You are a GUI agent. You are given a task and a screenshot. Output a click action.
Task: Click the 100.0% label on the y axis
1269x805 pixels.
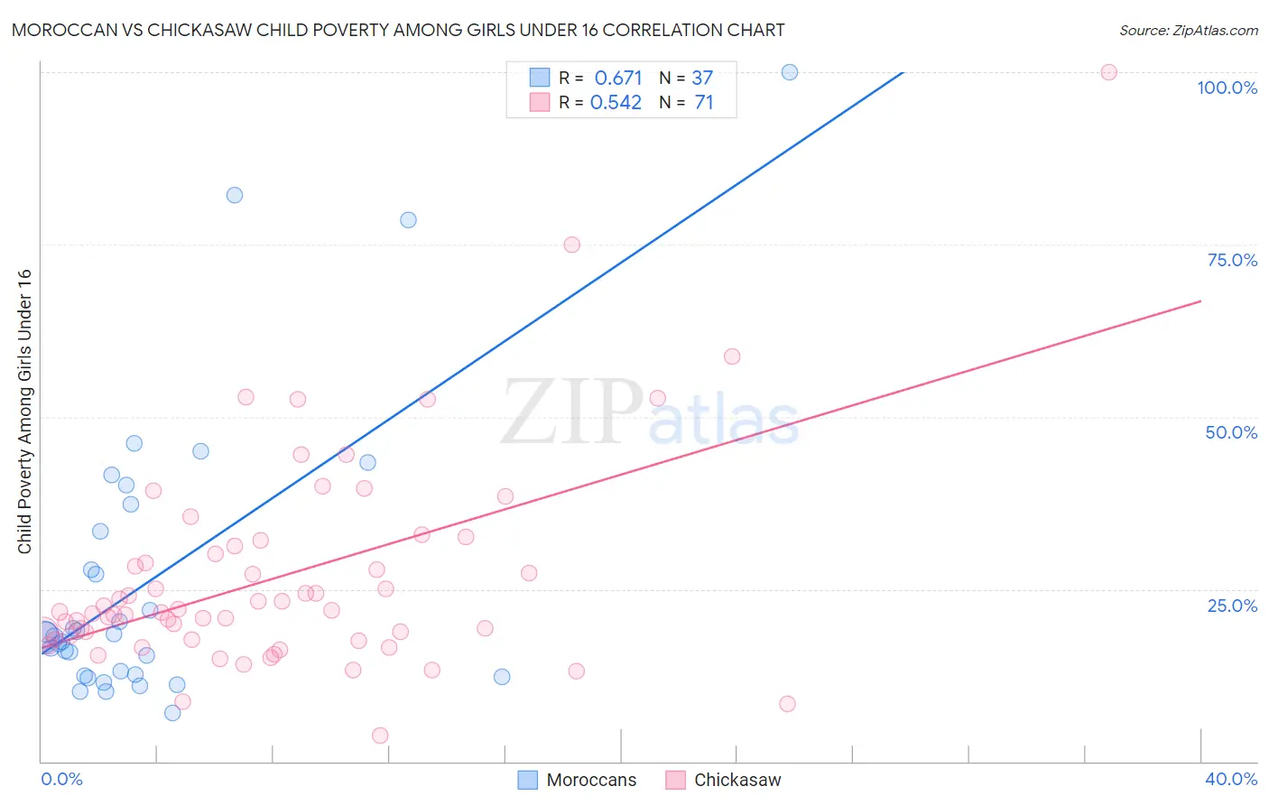click(x=1227, y=88)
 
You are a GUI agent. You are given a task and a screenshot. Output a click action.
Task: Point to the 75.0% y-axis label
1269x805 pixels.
click(x=1232, y=260)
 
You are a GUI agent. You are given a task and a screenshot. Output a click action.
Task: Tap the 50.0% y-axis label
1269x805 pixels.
click(x=1231, y=432)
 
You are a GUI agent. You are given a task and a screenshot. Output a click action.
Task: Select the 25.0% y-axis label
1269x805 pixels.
click(x=1232, y=606)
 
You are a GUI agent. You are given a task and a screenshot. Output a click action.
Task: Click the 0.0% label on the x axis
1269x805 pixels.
click(x=61, y=779)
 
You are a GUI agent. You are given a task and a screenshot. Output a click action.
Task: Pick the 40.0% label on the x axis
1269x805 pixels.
click(x=1230, y=779)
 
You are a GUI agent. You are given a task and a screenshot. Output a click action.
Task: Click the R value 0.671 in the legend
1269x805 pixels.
click(x=618, y=78)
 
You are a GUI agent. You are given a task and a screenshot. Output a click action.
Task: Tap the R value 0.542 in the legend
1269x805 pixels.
click(x=616, y=103)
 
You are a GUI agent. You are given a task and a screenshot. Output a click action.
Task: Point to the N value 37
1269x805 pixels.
click(x=702, y=78)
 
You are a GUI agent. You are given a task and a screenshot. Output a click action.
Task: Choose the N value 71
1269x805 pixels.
click(x=704, y=103)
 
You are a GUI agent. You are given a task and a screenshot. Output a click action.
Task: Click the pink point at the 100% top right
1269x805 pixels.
click(x=1109, y=72)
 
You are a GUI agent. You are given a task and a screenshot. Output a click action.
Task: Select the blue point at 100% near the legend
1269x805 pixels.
click(x=790, y=72)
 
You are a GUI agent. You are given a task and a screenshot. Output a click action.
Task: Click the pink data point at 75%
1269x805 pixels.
click(x=571, y=245)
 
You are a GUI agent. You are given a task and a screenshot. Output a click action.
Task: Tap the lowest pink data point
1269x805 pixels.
click(x=380, y=736)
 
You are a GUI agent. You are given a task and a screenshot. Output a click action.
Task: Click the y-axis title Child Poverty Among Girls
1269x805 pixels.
click(x=24, y=412)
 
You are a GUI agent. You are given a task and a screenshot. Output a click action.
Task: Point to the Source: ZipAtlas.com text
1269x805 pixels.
click(x=1188, y=30)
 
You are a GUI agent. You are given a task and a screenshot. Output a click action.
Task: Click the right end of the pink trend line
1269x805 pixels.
click(x=1200, y=301)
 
